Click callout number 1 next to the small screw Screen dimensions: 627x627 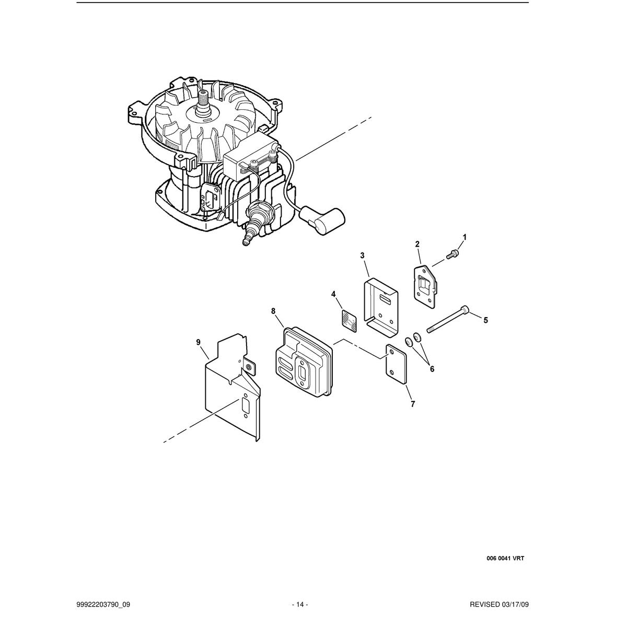pos(465,238)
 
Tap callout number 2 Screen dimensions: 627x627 pos(417,243)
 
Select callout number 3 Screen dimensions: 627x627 pos(362,256)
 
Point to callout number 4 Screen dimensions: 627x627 pos(333,294)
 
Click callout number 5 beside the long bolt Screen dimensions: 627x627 pos(486,320)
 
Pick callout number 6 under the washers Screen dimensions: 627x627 pos(432,369)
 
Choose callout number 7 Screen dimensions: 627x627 pos(413,404)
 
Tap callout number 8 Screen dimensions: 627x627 pos(273,311)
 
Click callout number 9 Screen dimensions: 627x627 pos(198,342)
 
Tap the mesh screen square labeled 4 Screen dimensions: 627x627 pos(349,320)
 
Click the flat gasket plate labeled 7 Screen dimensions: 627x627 pos(396,364)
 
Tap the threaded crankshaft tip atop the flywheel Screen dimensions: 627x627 pos(204,98)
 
